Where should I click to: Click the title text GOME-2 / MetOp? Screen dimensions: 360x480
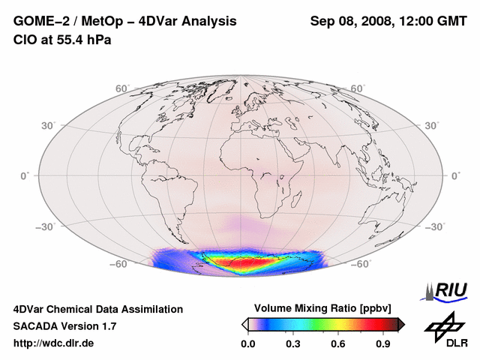coord(71,21)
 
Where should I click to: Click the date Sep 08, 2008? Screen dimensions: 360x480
coord(351,21)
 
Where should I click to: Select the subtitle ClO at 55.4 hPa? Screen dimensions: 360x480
coord(61,39)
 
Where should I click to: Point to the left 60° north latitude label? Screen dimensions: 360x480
coord(121,88)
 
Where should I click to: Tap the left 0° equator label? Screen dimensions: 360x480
coord(24,175)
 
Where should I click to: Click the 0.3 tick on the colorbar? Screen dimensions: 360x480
coord(293,344)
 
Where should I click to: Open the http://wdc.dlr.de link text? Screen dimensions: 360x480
coord(54,343)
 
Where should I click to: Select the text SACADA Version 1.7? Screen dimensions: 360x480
coord(64,326)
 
